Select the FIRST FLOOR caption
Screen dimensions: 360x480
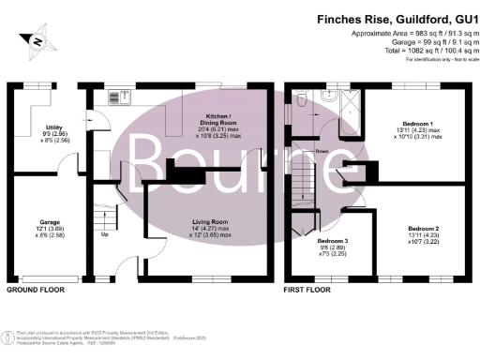click(x=309, y=291)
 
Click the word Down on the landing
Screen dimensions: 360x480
click(x=322, y=150)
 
